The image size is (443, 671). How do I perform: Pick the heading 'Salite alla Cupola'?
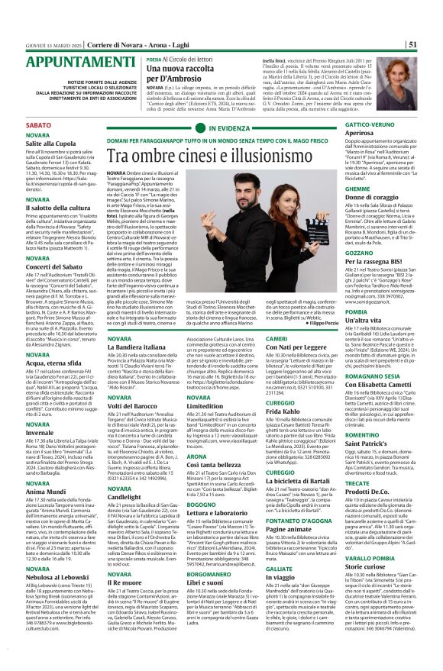[x=35, y=143]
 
